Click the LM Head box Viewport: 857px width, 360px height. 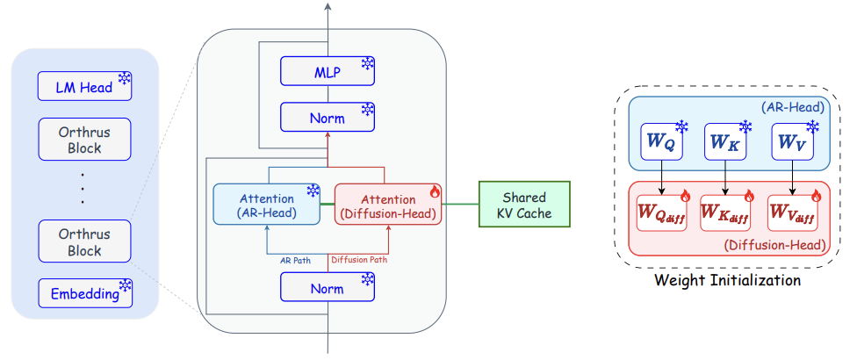click(x=84, y=86)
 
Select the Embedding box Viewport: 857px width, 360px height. click(x=84, y=293)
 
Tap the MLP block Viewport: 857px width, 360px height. click(x=328, y=71)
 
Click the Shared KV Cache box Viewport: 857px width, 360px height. click(x=524, y=204)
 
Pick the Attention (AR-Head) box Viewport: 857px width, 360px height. click(x=266, y=204)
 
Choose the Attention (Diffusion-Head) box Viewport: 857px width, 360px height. click(x=388, y=204)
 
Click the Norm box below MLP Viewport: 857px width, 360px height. click(x=328, y=117)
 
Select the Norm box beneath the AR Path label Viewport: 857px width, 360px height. click(x=328, y=287)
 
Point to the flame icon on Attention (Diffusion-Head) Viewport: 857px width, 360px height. click(x=435, y=191)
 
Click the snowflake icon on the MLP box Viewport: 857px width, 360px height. click(x=367, y=64)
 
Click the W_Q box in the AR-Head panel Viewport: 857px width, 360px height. click(x=662, y=141)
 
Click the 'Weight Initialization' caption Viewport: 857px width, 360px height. click(x=727, y=281)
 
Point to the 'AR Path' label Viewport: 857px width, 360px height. click(x=295, y=261)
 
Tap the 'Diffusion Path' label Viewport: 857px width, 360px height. click(x=359, y=260)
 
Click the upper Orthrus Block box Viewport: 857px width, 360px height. click(x=84, y=140)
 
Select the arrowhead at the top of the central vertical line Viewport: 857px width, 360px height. click(x=328, y=6)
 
